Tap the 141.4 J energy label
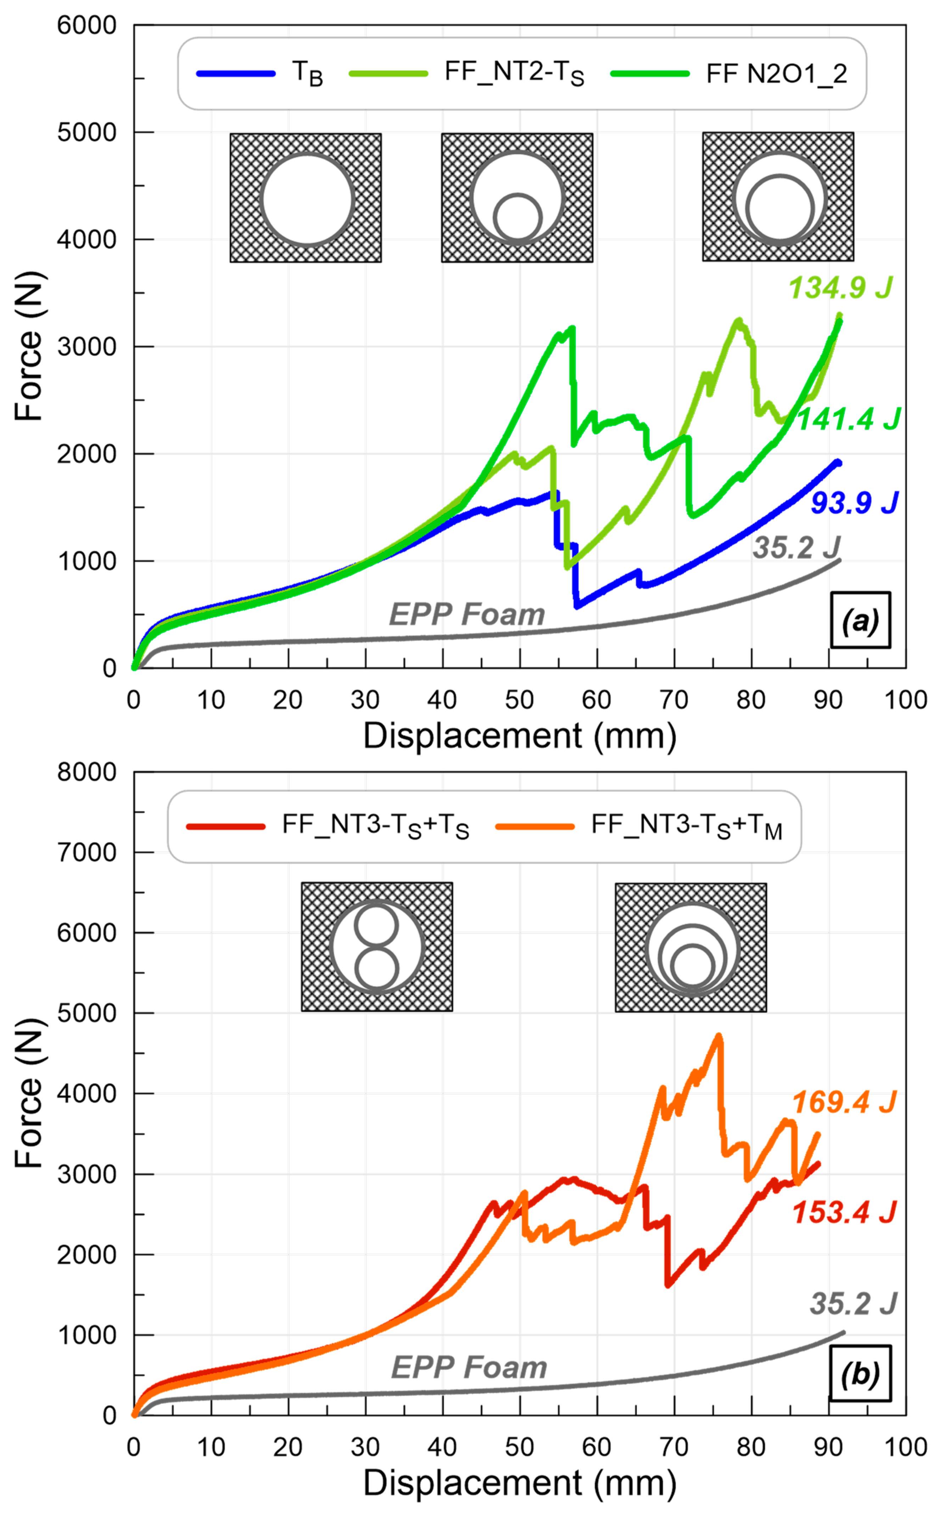[x=848, y=420]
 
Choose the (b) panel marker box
[x=860, y=1374]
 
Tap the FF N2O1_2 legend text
[x=776, y=74]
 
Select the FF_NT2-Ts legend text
[x=514, y=73]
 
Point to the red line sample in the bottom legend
[x=226, y=826]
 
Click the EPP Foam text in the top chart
[x=467, y=615]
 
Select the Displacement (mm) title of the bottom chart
[x=519, y=1484]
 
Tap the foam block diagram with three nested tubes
[x=691, y=947]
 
